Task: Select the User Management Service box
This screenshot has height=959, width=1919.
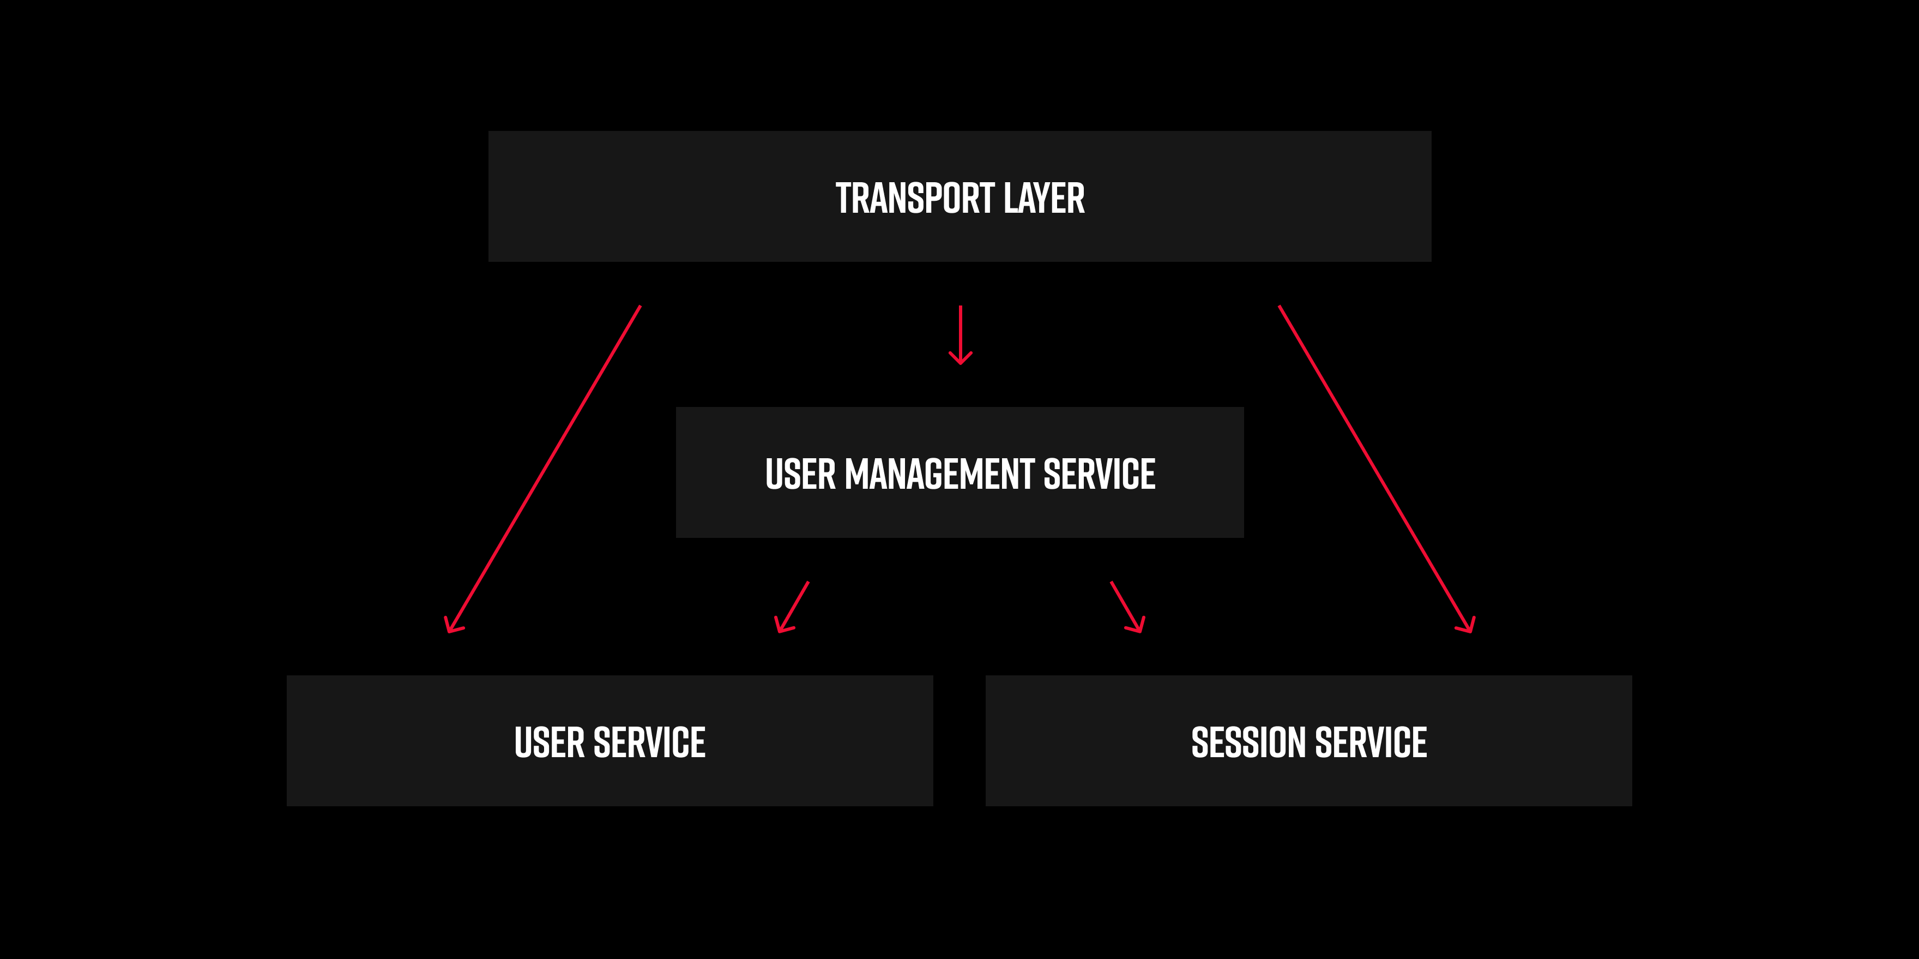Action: coord(959,472)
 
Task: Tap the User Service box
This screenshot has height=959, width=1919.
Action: coord(610,741)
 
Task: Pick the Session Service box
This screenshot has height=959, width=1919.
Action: coord(1309,741)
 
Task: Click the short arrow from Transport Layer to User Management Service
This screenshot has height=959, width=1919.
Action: coord(960,335)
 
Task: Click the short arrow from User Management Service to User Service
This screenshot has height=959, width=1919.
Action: coord(792,607)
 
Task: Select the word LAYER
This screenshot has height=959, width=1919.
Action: coord(1043,198)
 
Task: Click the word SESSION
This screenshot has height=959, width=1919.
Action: coord(1250,743)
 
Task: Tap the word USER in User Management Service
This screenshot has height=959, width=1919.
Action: coord(801,475)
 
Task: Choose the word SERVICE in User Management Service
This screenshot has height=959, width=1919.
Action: coord(1100,475)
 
